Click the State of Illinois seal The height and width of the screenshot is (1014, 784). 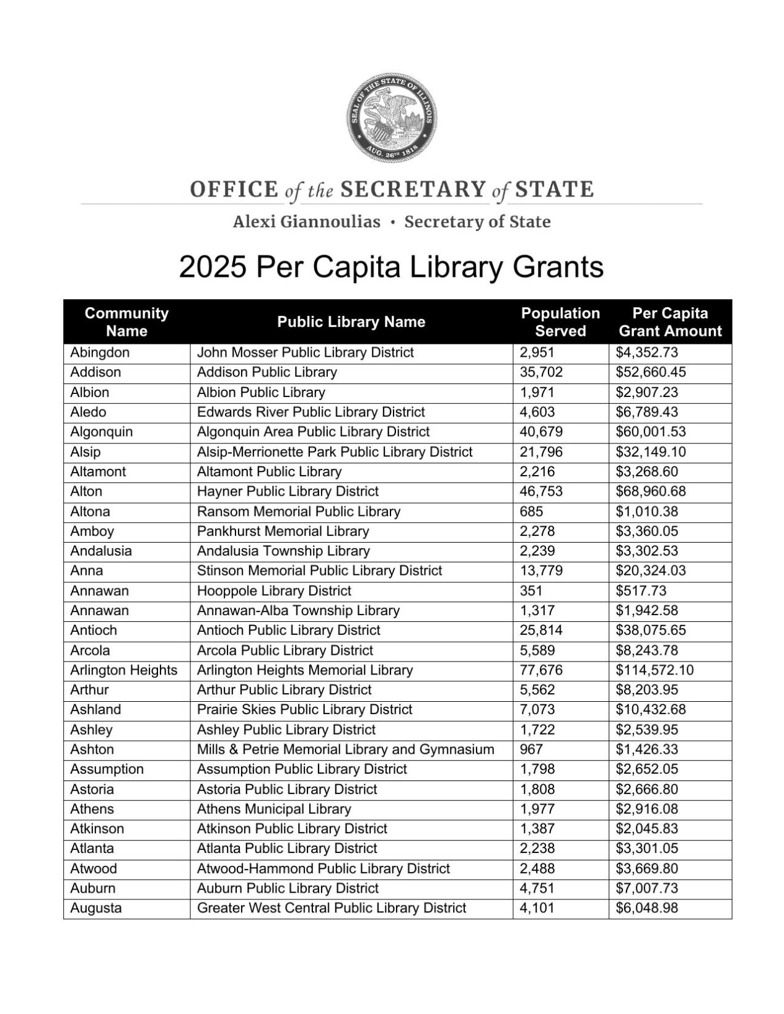[x=392, y=118]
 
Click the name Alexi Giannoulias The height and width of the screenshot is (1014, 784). [x=307, y=222]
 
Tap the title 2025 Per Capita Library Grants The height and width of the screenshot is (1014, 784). [x=391, y=268]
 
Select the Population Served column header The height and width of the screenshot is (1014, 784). [x=560, y=322]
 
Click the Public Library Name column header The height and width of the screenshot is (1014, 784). [x=351, y=322]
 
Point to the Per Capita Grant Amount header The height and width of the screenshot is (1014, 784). [x=670, y=322]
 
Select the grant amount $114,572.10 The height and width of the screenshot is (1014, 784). [x=654, y=670]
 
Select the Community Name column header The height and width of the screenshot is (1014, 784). [x=126, y=322]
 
